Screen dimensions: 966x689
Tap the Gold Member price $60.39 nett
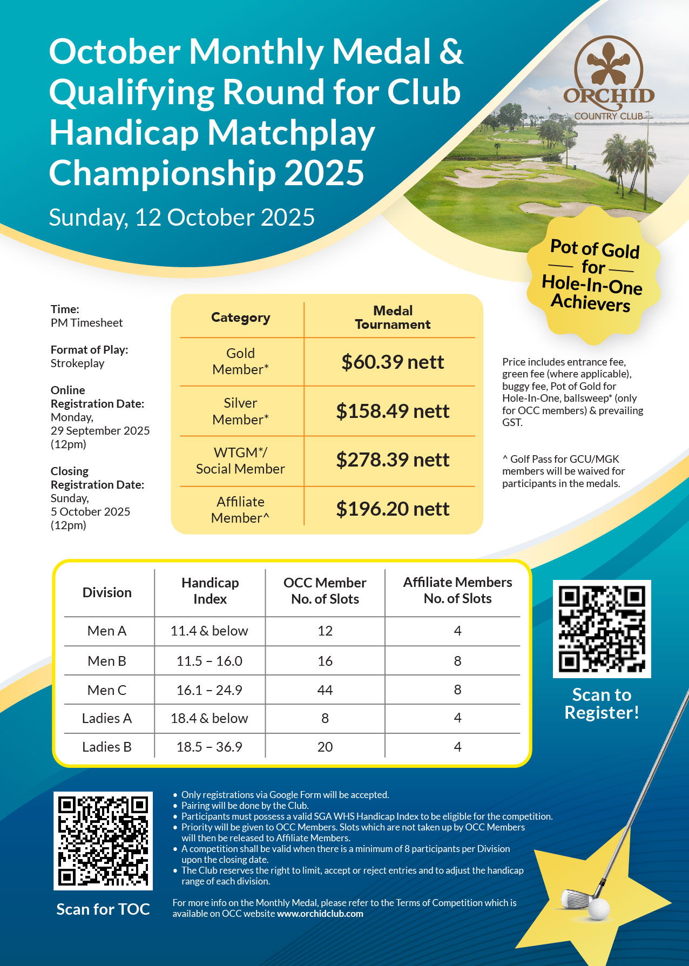[393, 362]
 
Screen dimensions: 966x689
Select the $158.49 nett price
[393, 411]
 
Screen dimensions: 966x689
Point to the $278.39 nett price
[393, 460]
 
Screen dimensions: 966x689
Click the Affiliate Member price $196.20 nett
[393, 509]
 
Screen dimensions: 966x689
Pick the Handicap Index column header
[210, 591]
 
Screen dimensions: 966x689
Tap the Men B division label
[107, 661]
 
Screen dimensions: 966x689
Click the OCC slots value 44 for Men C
[325, 690]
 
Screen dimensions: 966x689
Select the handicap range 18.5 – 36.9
[210, 747]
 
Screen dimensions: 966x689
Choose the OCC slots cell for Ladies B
[325, 747]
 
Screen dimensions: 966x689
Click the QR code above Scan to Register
[602, 629]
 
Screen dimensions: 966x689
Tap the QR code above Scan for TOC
[103, 841]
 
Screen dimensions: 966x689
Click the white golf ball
[599, 909]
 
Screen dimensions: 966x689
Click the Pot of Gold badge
[593, 275]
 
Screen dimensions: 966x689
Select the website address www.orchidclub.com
[320, 914]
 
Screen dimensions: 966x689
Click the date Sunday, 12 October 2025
[182, 218]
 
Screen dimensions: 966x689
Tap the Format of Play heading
[90, 350]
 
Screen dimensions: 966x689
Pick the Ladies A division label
[107, 718]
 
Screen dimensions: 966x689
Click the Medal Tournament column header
[393, 318]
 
